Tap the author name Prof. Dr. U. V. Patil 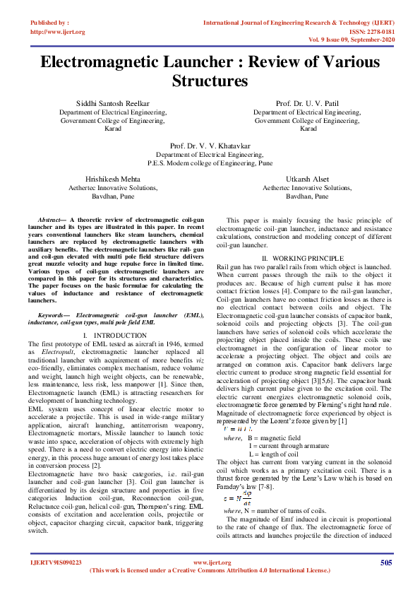coord(308,103)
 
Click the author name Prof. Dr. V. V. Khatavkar coord(210,145)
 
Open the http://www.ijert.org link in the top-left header coord(58,32)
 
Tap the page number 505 coord(385,562)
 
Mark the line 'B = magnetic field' coord(280,438)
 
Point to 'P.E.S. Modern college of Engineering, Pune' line coord(210,162)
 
